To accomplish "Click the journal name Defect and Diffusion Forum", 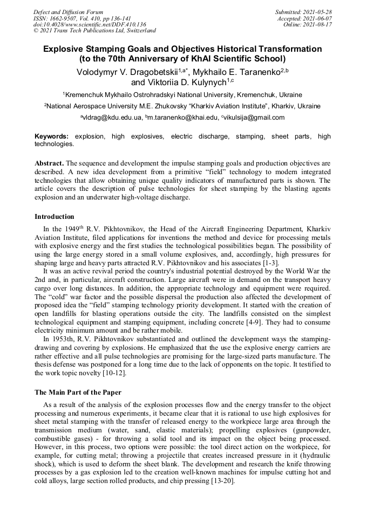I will (x=68, y=12).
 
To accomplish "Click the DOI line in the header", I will (x=90, y=25).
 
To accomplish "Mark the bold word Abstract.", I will (x=49, y=163).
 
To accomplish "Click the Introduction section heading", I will (x=55, y=217).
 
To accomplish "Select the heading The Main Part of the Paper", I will (x=78, y=392).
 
